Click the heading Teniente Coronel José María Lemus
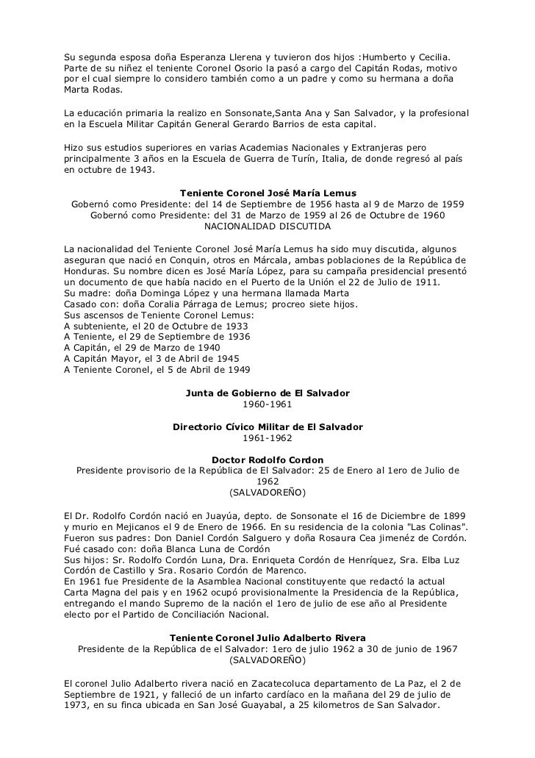(x=267, y=193)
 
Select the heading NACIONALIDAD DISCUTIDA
(x=267, y=227)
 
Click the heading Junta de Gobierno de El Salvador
(x=267, y=393)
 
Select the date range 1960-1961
(x=267, y=404)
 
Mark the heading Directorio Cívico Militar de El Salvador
(x=267, y=427)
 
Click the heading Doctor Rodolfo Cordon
(x=267, y=460)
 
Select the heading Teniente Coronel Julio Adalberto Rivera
(x=267, y=638)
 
